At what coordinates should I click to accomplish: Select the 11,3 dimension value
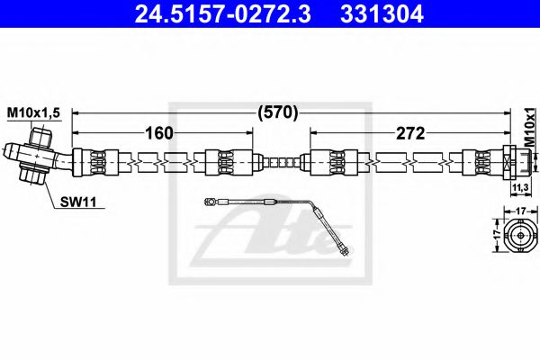coord(519,186)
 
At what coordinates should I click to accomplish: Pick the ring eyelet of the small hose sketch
coord(208,203)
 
